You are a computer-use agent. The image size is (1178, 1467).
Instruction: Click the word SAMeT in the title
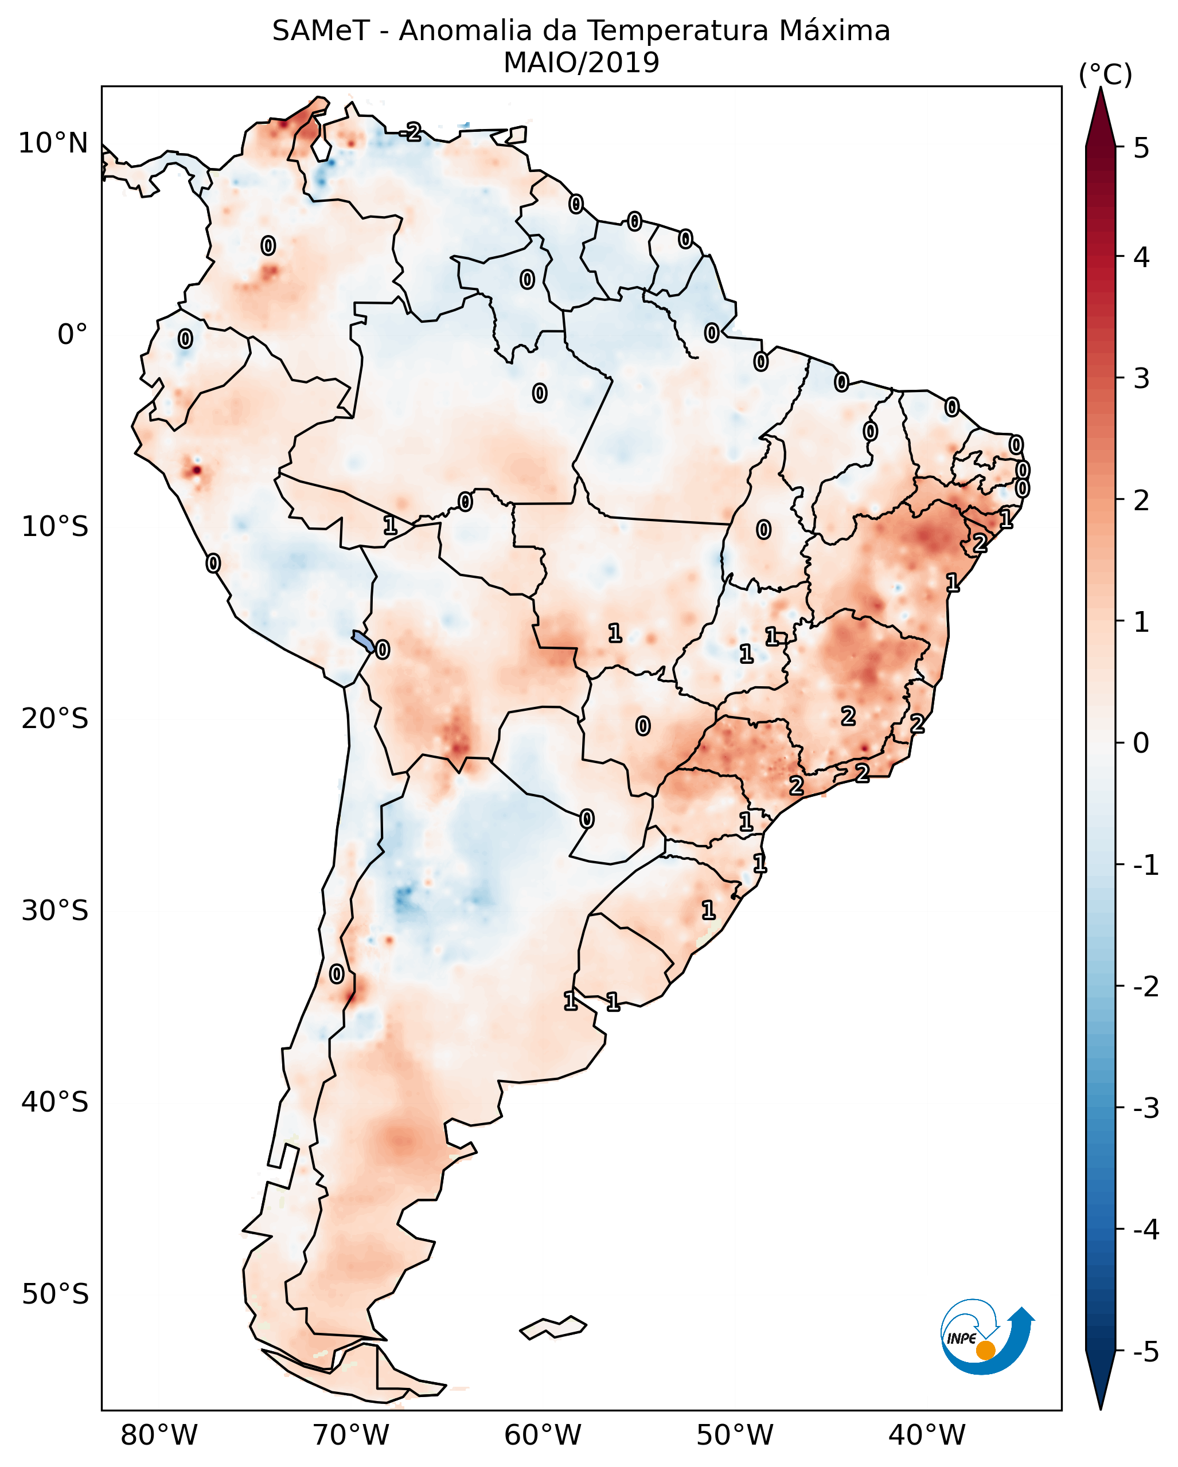(321, 32)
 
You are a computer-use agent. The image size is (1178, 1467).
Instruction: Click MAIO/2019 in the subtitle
(581, 63)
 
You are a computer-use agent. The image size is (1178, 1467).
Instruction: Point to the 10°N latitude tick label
(53, 143)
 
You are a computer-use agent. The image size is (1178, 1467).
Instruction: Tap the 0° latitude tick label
(72, 335)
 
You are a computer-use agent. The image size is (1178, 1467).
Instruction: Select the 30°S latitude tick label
(54, 910)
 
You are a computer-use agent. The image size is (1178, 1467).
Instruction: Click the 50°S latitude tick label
(54, 1294)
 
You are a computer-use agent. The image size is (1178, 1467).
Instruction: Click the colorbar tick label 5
(1141, 148)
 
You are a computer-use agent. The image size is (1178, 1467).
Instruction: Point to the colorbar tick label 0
(1141, 743)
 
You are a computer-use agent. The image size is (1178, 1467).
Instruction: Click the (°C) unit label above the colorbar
(1105, 75)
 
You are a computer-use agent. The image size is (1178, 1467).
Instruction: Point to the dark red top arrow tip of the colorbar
(1101, 112)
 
